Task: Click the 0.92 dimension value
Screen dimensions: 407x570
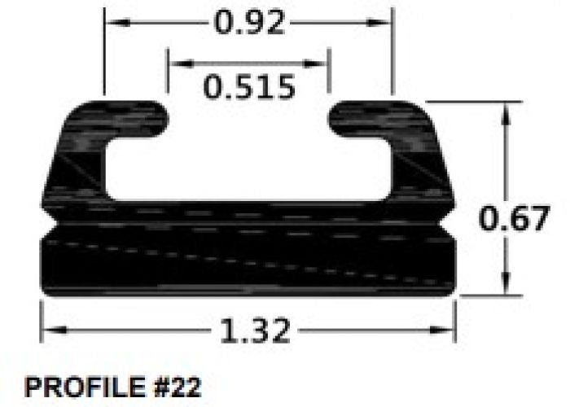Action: pos(249,23)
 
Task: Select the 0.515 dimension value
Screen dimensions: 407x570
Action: pos(249,86)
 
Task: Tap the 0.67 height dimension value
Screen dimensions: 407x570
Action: pos(515,219)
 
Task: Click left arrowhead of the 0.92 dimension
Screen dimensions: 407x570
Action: pos(111,23)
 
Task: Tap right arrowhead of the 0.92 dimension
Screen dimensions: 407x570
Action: pos(386,23)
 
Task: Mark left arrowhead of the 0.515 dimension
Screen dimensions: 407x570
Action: pos(174,62)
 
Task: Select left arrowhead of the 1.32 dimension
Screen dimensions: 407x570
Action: pos(48,330)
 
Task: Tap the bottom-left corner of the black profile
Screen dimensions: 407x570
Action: pos(43,293)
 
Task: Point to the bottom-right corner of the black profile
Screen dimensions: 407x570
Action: pos(453,293)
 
